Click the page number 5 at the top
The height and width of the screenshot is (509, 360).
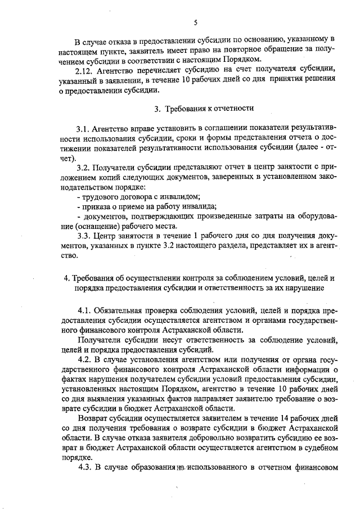coord(196,22)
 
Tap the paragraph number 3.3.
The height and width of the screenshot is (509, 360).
coord(84,236)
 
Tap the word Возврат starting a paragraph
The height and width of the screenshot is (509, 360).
coord(94,419)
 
